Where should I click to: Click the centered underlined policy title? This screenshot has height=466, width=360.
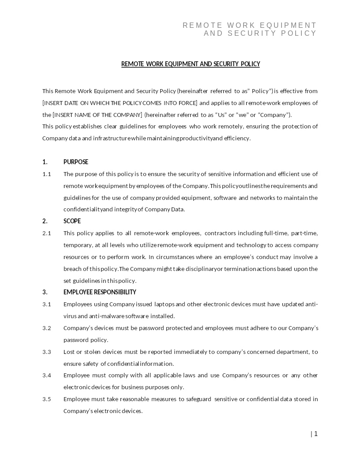pos(191,64)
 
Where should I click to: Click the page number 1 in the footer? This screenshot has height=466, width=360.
pos(316,434)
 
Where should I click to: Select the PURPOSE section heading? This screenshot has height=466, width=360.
pos(76,162)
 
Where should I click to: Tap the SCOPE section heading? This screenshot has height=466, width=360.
pos(72,221)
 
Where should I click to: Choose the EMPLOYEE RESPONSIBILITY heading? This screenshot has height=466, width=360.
pos(100,292)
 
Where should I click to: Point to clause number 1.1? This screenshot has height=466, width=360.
pos(47,174)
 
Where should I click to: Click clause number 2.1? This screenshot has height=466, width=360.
pos(47,233)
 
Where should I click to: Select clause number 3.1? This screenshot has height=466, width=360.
pos(47,304)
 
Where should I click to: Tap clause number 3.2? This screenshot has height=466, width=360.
pos(47,328)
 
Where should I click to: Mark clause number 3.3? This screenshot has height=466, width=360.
pos(47,352)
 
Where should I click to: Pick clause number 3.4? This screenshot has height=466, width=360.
pos(47,375)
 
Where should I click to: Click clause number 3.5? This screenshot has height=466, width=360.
pos(47,399)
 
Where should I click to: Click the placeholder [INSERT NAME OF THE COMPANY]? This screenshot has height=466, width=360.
pos(97,115)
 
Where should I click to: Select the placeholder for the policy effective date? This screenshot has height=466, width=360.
pos(120,103)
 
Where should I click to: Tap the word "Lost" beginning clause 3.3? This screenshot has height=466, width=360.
pos(70,352)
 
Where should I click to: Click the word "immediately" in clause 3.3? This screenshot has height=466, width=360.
pos(190,352)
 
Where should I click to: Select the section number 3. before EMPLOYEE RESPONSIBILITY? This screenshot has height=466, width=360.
pos(45,292)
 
